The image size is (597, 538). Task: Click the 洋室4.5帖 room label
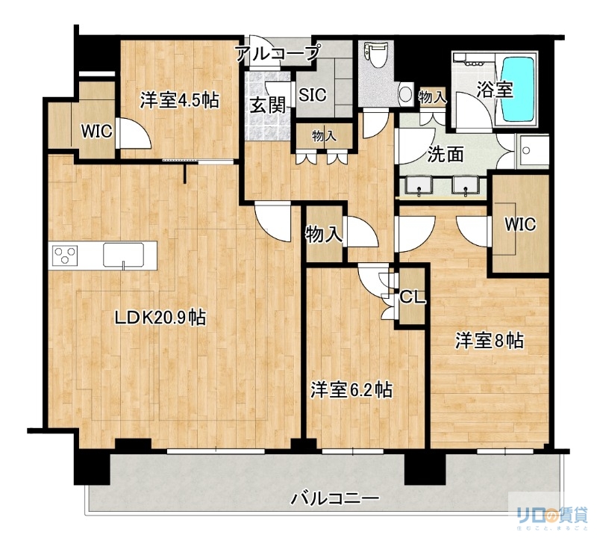coord(179,99)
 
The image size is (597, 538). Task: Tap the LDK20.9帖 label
coord(160,318)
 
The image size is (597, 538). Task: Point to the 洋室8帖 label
coord(490,341)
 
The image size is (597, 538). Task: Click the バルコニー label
coord(335,498)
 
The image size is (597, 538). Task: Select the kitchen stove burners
coord(64,255)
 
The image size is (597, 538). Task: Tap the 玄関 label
coord(267,105)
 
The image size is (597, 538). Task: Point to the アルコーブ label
coord(277,52)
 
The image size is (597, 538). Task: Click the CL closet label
coord(413,297)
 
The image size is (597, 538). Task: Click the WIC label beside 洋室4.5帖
coord(96,132)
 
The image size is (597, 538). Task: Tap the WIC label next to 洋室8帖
coord(519,223)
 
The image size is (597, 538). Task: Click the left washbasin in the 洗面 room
coord(420,185)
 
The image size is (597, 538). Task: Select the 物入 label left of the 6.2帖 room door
coord(324,234)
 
